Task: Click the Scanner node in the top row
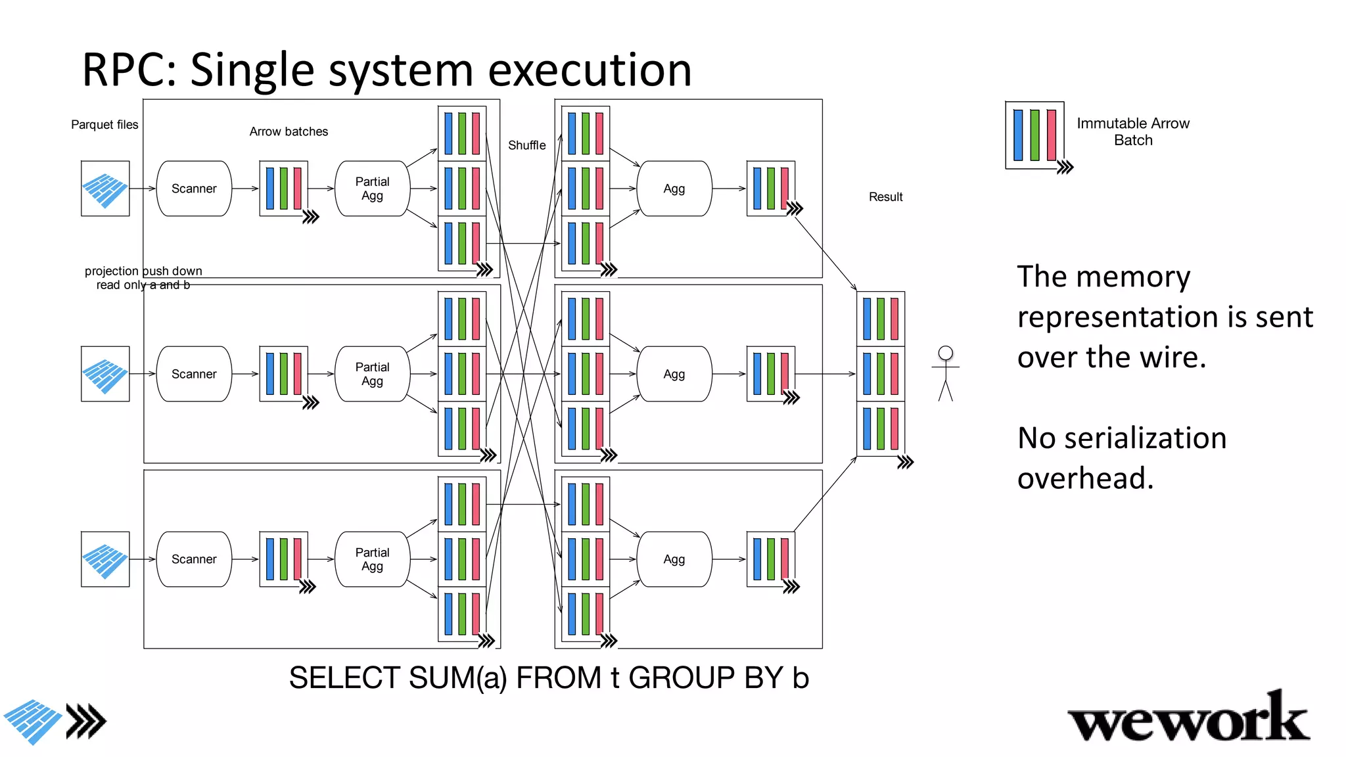point(194,189)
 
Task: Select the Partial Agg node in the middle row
point(372,374)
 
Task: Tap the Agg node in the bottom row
point(674,559)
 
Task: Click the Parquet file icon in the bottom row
point(105,559)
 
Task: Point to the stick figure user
point(945,373)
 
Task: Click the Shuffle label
point(526,145)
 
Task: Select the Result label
point(885,196)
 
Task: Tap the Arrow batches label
point(289,131)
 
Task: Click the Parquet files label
point(104,124)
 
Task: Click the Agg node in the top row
point(674,189)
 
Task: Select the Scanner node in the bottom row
point(194,559)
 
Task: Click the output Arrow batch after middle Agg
point(771,374)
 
